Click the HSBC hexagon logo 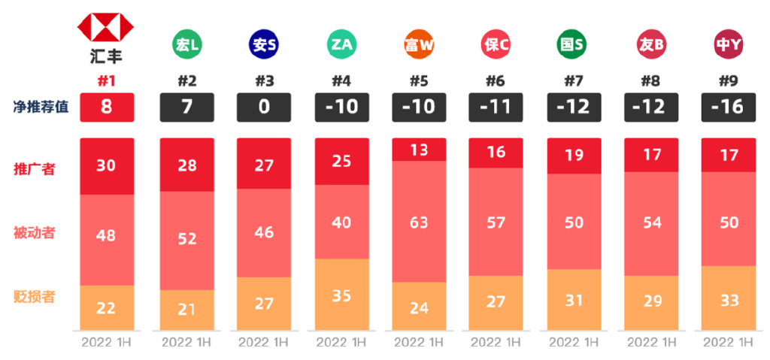pyautogui.click(x=106, y=29)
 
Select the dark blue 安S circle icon pyautogui.click(x=263, y=45)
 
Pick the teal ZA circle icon pyautogui.click(x=341, y=45)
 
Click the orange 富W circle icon pyautogui.click(x=418, y=45)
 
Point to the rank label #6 pyautogui.click(x=496, y=81)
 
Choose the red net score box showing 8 pyautogui.click(x=106, y=107)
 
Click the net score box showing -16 pyautogui.click(x=728, y=107)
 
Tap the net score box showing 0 pyautogui.click(x=263, y=107)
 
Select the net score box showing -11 pyautogui.click(x=496, y=107)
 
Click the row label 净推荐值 pyautogui.click(x=41, y=107)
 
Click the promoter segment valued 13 pyautogui.click(x=418, y=150)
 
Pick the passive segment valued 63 pyautogui.click(x=418, y=222)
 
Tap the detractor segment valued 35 pyautogui.click(x=341, y=295)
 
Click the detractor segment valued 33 pyautogui.click(x=728, y=298)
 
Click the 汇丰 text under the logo pyautogui.click(x=106, y=56)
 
